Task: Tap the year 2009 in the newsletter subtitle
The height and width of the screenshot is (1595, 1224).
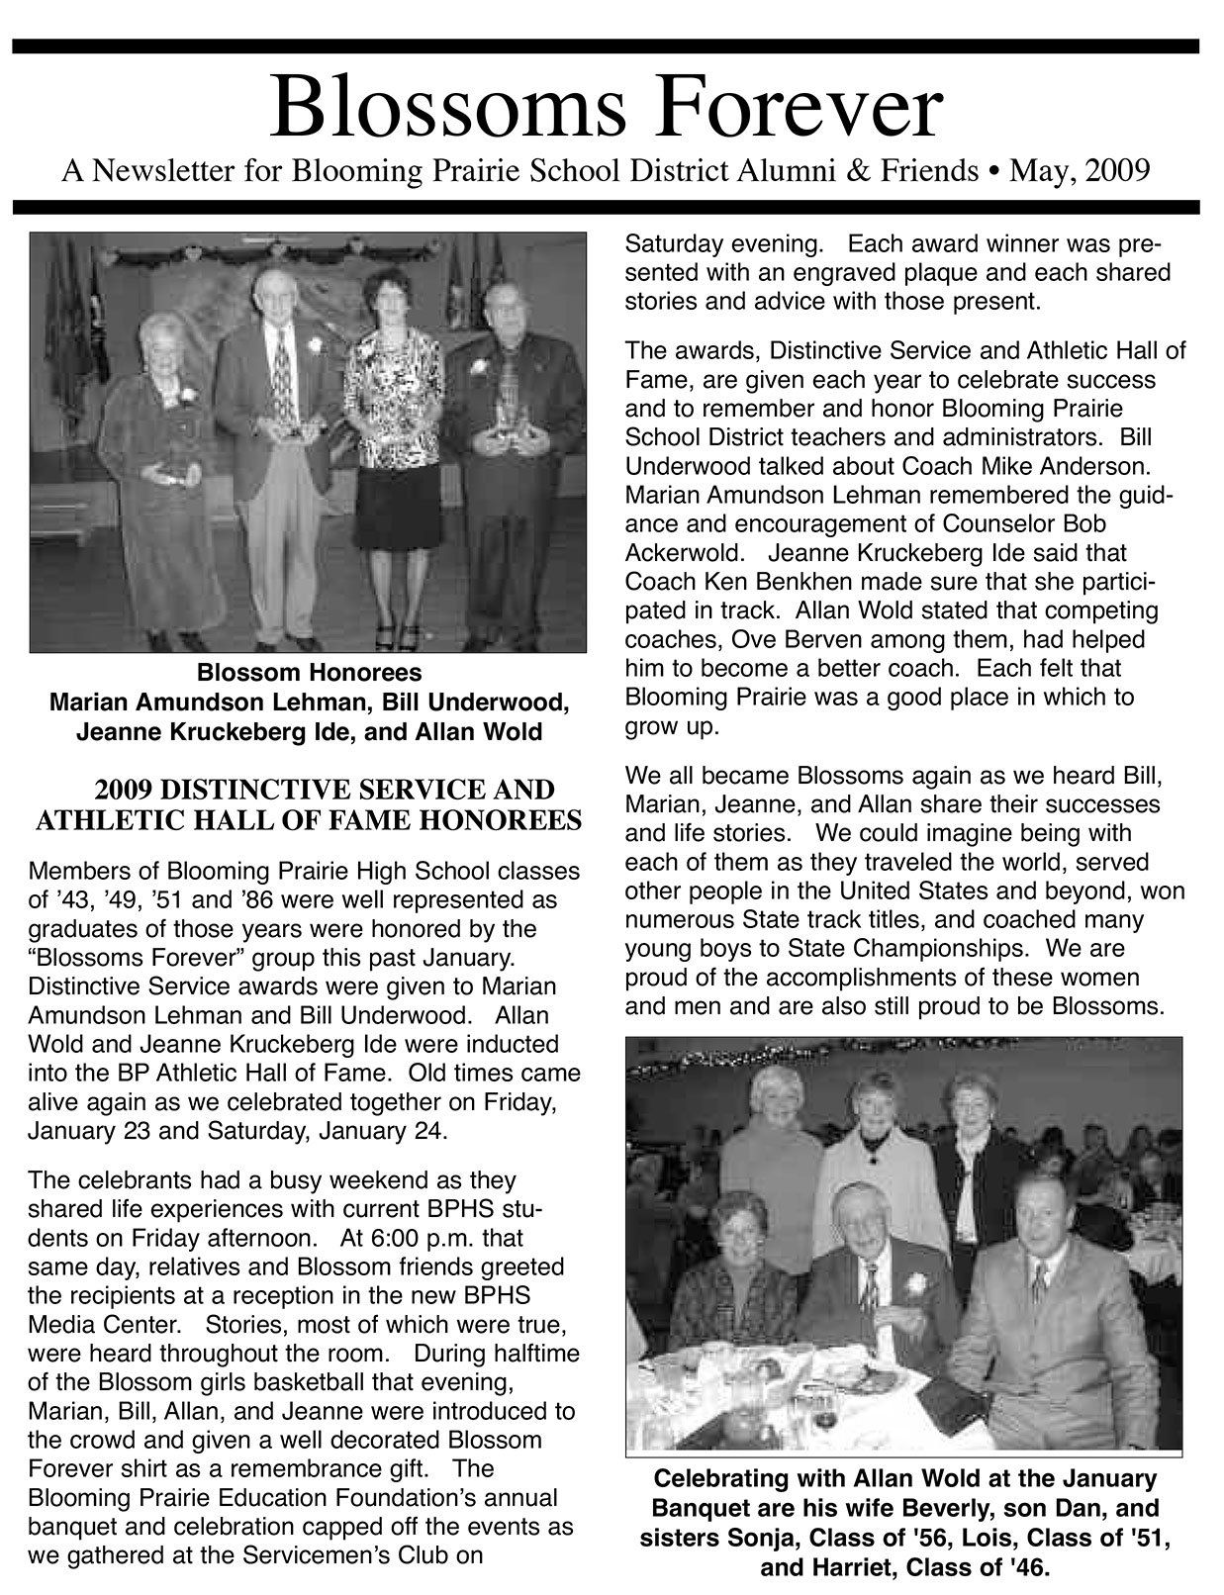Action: coord(1117,171)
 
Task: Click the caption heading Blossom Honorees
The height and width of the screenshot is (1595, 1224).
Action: coord(309,673)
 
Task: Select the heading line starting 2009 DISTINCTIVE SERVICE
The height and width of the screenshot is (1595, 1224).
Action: coord(325,790)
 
